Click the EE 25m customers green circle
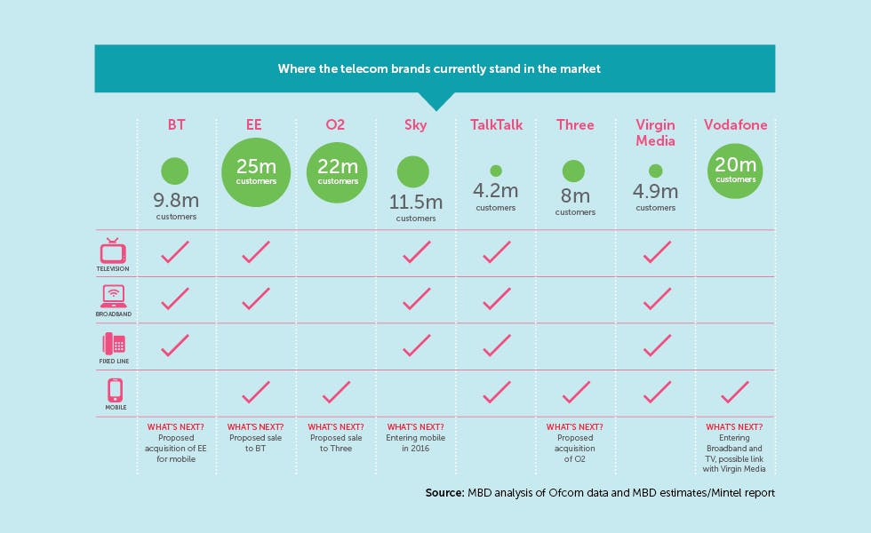(x=256, y=172)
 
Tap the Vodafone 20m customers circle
(x=735, y=171)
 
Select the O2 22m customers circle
(x=337, y=172)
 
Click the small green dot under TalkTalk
(x=496, y=171)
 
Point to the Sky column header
(x=416, y=125)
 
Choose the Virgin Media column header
(x=656, y=132)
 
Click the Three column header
(x=576, y=125)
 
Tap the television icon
(x=113, y=251)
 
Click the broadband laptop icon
(x=114, y=297)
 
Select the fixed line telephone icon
(x=114, y=344)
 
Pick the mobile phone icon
(x=115, y=390)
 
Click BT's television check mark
(x=175, y=251)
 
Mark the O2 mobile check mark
(x=336, y=392)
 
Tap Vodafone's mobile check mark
(x=735, y=392)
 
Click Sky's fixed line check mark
(x=416, y=346)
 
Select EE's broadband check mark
(x=256, y=298)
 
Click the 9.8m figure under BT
(x=176, y=200)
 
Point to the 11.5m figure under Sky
(x=416, y=203)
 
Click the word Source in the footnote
(x=444, y=492)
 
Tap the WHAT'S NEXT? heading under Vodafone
(x=734, y=427)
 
